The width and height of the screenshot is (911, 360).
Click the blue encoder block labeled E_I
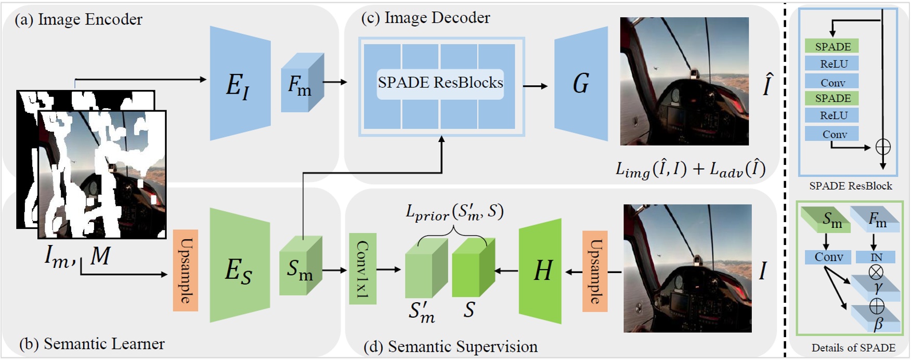pyautogui.click(x=240, y=83)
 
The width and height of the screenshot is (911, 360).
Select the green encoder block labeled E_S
pyautogui.click(x=240, y=265)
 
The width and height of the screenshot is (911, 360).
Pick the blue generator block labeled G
pyautogui.click(x=581, y=83)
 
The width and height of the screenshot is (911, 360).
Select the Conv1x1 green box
pyautogui.click(x=362, y=269)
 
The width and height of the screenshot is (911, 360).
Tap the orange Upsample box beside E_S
pyautogui.click(x=186, y=271)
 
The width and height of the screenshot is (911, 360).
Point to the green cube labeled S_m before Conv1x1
pyautogui.click(x=300, y=268)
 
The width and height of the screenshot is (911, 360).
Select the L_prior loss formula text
pyautogui.click(x=454, y=212)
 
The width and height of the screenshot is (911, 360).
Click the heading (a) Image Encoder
pyautogui.click(x=79, y=20)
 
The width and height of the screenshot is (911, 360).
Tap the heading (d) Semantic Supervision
pyautogui.click(x=450, y=346)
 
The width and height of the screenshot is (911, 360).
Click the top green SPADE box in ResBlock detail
pyautogui.click(x=832, y=46)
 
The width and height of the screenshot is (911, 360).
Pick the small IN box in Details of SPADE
pyautogui.click(x=876, y=257)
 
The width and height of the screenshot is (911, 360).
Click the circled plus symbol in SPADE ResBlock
pyautogui.click(x=883, y=147)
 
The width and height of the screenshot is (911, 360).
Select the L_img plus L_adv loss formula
pyautogui.click(x=691, y=170)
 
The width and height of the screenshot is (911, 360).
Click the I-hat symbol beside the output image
pyautogui.click(x=767, y=85)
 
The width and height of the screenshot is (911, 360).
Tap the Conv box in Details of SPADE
pyautogui.click(x=828, y=257)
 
